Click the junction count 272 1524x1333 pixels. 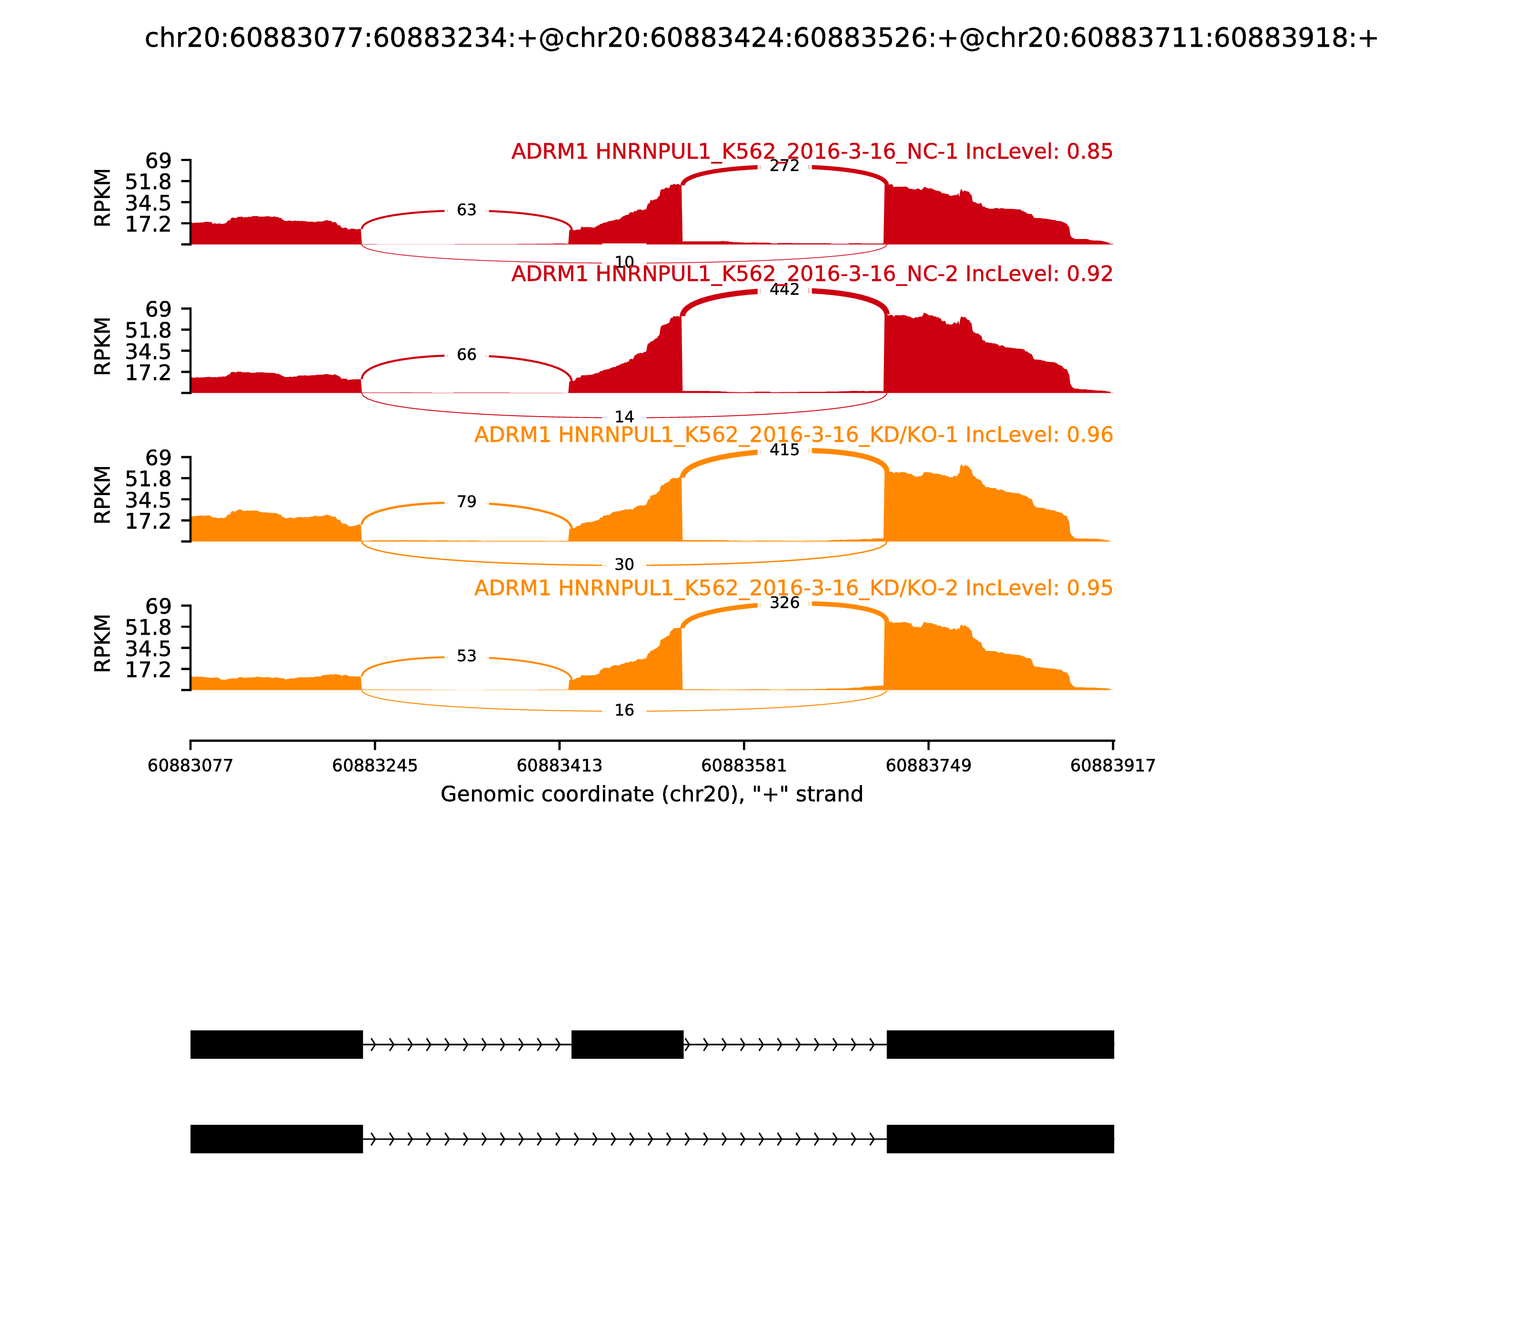pos(784,167)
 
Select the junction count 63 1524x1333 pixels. pos(467,210)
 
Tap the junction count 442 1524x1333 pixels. pos(784,290)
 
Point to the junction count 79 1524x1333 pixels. pos(467,502)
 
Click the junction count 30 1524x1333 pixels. pos(624,566)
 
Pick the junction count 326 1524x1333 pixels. pos(784,603)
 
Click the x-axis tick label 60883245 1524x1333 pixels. pos(375,766)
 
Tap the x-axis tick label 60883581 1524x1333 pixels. pos(744,766)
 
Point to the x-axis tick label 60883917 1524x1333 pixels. pos(1113,766)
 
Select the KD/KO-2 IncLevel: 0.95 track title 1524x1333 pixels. pos(793,588)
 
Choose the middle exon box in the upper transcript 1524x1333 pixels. pos(627,1045)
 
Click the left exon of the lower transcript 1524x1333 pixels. pos(277,1139)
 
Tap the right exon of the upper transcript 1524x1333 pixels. pos(1000,1045)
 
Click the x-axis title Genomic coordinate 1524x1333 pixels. pos(652,795)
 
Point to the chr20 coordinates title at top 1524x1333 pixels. pos(761,39)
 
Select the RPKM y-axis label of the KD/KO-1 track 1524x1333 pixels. pos(103,495)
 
